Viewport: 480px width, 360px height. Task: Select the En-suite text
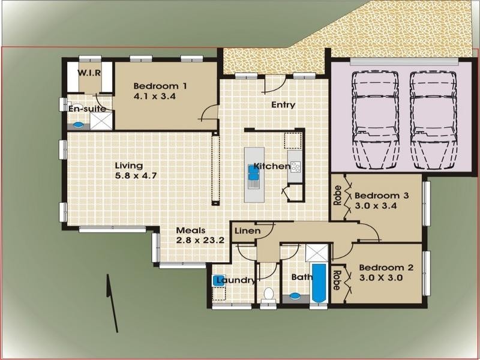pos(88,109)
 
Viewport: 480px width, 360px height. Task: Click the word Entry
pos(283,105)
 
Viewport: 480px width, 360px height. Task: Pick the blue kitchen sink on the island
pos(253,173)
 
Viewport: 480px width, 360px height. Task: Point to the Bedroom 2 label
pos(386,273)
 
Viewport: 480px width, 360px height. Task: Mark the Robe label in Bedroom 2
pos(337,279)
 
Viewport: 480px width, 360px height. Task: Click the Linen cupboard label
pos(246,231)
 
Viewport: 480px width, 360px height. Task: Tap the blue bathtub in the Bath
pos(319,283)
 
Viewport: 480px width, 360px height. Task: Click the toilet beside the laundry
pos(269,294)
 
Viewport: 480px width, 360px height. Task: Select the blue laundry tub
pos(218,280)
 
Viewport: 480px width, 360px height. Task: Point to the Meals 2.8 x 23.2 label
pos(200,235)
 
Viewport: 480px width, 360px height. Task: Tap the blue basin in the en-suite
pos(77,125)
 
